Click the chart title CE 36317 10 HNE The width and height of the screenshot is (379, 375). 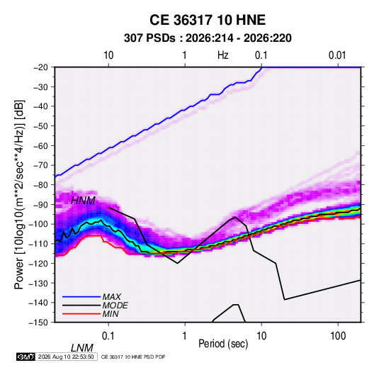tap(208, 20)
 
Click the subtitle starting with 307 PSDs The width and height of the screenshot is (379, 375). tap(208, 38)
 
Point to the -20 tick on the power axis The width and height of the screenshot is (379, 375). tap(41, 67)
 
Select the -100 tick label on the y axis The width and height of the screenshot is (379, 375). tap(39, 224)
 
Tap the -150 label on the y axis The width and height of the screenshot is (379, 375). tap(39, 323)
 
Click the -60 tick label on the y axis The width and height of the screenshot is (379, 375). tap(41, 145)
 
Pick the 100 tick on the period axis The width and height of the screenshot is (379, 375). tap(338, 336)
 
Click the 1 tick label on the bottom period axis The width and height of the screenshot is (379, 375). tap(185, 336)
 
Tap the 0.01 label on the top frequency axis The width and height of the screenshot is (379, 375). tap(337, 55)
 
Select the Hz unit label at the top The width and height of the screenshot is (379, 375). tap(223, 55)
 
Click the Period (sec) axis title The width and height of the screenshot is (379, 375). tap(223, 344)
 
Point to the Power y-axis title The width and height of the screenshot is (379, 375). tap(19, 194)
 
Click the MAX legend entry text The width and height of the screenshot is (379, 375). tap(112, 297)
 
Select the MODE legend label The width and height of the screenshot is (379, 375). tap(115, 306)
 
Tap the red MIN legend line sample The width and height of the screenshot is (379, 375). tap(81, 314)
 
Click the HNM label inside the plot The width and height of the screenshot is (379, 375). tap(83, 201)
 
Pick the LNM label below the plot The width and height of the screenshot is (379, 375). tap(82, 348)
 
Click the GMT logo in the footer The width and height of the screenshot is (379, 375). tap(26, 357)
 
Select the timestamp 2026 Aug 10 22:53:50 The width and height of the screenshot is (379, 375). tap(66, 357)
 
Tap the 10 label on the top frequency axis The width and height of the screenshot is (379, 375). tap(108, 55)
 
